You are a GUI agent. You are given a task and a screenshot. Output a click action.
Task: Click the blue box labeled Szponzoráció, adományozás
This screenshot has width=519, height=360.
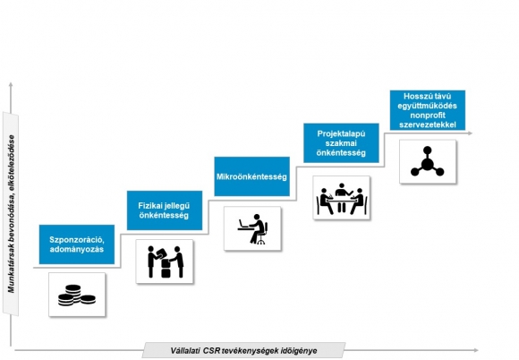[77, 244]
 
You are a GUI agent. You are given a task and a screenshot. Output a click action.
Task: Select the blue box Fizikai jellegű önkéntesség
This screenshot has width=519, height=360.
[165, 210]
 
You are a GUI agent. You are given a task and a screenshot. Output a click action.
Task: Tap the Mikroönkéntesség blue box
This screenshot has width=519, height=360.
[251, 176]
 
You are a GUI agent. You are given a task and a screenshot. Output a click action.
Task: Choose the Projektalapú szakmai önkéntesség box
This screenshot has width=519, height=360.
[341, 143]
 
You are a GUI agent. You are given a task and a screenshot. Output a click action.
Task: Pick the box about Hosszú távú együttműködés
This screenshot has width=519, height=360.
[428, 110]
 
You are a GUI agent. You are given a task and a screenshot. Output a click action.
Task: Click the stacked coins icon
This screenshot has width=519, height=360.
[77, 295]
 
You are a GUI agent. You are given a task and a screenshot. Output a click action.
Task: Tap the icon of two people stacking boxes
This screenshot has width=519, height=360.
[165, 261]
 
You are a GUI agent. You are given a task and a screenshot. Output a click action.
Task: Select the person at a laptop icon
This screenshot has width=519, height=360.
[252, 228]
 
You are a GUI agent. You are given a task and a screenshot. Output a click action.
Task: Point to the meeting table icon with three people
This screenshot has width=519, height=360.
[341, 198]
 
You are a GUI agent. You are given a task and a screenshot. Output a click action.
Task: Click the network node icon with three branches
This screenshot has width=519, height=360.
[428, 161]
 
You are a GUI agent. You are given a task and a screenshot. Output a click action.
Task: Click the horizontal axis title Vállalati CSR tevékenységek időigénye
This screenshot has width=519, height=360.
[243, 351]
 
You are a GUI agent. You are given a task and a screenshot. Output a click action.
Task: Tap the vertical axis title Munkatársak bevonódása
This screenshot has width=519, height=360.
[12, 214]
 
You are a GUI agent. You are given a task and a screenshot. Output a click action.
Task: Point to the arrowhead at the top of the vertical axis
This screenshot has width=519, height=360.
[11, 84]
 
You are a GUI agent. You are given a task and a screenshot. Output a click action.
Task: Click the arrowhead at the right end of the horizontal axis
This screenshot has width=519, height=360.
[476, 350]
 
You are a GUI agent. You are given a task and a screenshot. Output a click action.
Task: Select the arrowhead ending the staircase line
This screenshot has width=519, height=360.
[470, 133]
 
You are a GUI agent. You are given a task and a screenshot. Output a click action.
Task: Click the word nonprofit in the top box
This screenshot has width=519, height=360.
[428, 116]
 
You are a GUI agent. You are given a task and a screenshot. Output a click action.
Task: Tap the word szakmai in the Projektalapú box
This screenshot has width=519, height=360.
[341, 143]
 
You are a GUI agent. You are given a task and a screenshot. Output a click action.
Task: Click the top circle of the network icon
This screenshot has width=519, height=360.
[428, 150]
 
